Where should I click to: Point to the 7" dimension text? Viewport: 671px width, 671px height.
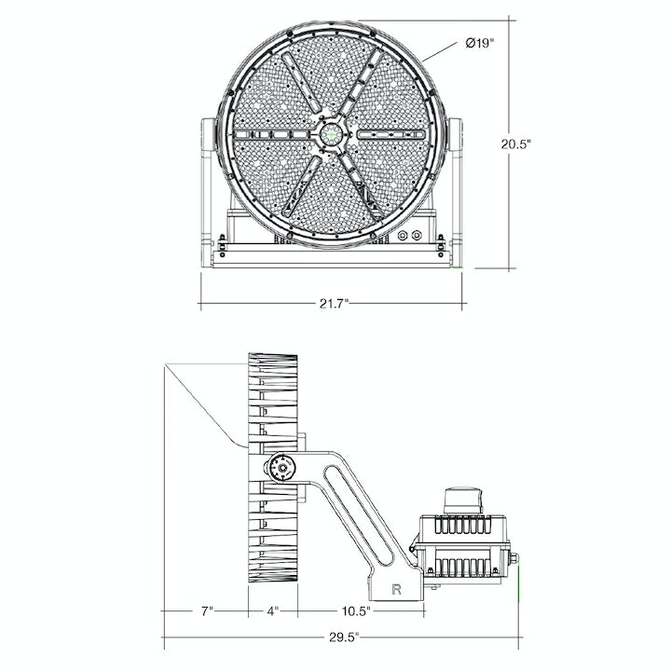pyautogui.click(x=206, y=611)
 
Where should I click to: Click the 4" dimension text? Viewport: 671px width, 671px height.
pyautogui.click(x=273, y=611)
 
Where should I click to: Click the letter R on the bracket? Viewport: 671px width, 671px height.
pyautogui.click(x=398, y=589)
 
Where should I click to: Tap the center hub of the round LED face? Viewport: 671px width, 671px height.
pyautogui.click(x=331, y=134)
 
